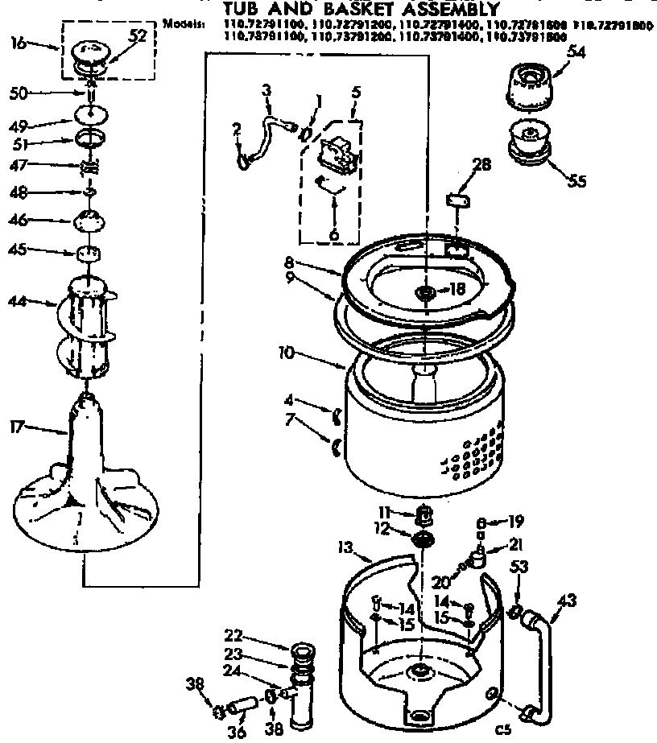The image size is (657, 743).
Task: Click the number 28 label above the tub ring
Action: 481,166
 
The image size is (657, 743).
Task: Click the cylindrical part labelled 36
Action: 243,708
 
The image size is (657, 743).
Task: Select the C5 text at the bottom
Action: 503,731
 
